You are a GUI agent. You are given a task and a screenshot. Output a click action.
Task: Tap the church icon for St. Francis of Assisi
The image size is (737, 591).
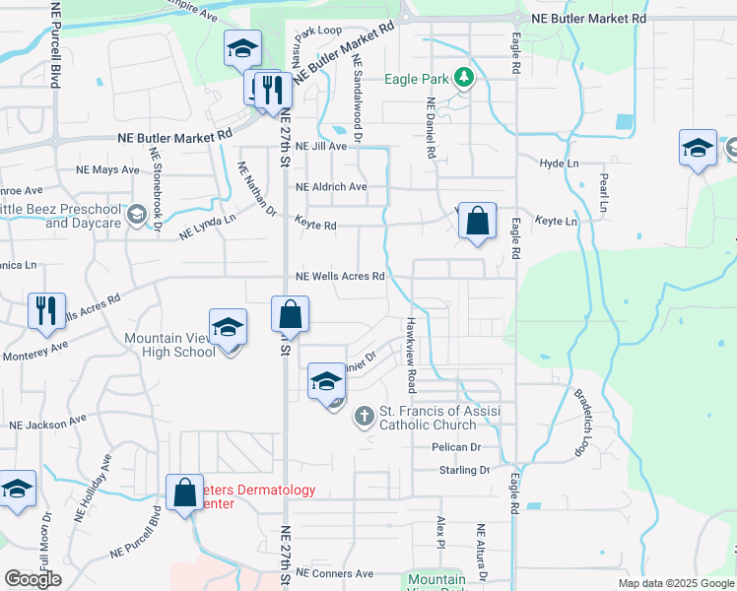coord(364,416)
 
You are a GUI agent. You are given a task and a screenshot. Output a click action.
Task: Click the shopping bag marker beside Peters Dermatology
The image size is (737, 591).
coord(184,492)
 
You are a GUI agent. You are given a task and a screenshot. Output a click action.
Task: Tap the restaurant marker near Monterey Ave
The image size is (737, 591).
coord(45,310)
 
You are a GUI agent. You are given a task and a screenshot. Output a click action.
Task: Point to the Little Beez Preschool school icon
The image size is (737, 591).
coord(137,215)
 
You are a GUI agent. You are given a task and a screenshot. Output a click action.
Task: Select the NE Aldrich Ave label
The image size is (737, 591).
coord(331,186)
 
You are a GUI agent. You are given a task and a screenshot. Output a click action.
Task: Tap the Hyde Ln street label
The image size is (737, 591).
coord(558,163)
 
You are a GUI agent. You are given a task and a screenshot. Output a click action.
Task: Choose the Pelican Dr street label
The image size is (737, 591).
coord(455,447)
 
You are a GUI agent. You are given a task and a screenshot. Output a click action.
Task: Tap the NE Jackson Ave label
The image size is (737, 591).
coord(49,426)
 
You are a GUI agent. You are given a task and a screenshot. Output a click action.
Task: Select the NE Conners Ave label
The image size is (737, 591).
coord(335,573)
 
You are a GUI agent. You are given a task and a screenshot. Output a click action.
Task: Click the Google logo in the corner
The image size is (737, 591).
coord(33,579)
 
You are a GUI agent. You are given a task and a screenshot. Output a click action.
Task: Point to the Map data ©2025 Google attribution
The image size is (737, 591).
coord(675,583)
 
